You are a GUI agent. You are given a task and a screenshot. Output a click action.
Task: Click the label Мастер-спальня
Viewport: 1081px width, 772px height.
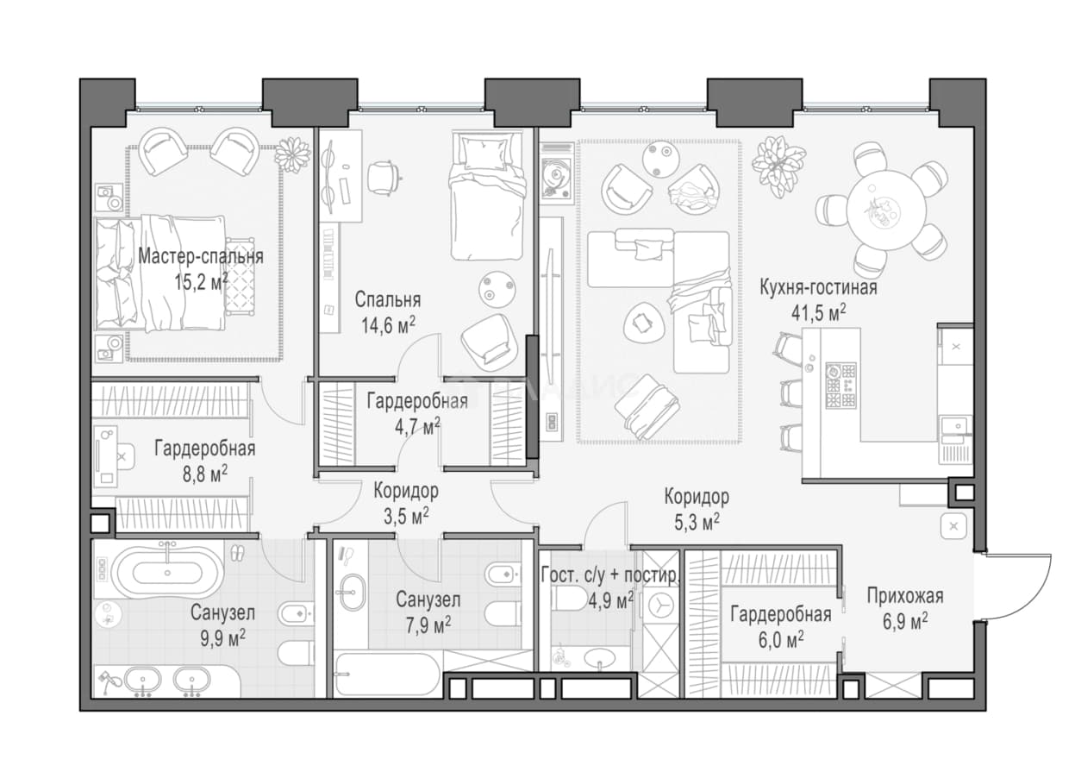pos(201,256)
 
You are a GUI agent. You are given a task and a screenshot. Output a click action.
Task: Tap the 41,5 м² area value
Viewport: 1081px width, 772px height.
pos(818,313)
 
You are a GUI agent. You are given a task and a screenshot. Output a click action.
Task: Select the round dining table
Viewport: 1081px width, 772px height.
pos(886,210)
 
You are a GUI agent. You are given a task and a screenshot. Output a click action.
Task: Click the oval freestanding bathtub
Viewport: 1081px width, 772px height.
pos(167,572)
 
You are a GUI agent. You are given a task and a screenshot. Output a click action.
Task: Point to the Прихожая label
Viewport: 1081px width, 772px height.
pos(905,596)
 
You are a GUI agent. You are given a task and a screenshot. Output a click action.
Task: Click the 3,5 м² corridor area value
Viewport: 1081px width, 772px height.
pos(406,516)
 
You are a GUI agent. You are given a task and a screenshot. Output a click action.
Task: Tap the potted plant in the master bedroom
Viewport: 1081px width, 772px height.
pos(292,154)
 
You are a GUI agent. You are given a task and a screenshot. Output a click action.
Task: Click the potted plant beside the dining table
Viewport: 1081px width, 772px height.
pos(778,166)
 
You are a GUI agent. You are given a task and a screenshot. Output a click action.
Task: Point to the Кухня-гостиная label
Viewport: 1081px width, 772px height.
pos(818,287)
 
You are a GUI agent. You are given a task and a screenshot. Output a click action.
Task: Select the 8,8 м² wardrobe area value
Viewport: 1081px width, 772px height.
pos(205,474)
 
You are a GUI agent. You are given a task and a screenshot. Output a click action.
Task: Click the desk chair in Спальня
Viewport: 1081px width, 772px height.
pos(384,177)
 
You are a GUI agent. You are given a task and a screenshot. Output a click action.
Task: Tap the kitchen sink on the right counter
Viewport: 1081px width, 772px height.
pos(956,425)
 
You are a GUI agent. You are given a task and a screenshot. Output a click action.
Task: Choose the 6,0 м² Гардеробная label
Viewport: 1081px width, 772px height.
pos(780,627)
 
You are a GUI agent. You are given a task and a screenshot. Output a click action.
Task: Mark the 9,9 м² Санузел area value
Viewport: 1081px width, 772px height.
pos(223,637)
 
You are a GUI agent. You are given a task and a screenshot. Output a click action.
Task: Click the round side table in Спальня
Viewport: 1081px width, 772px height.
pos(497,289)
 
